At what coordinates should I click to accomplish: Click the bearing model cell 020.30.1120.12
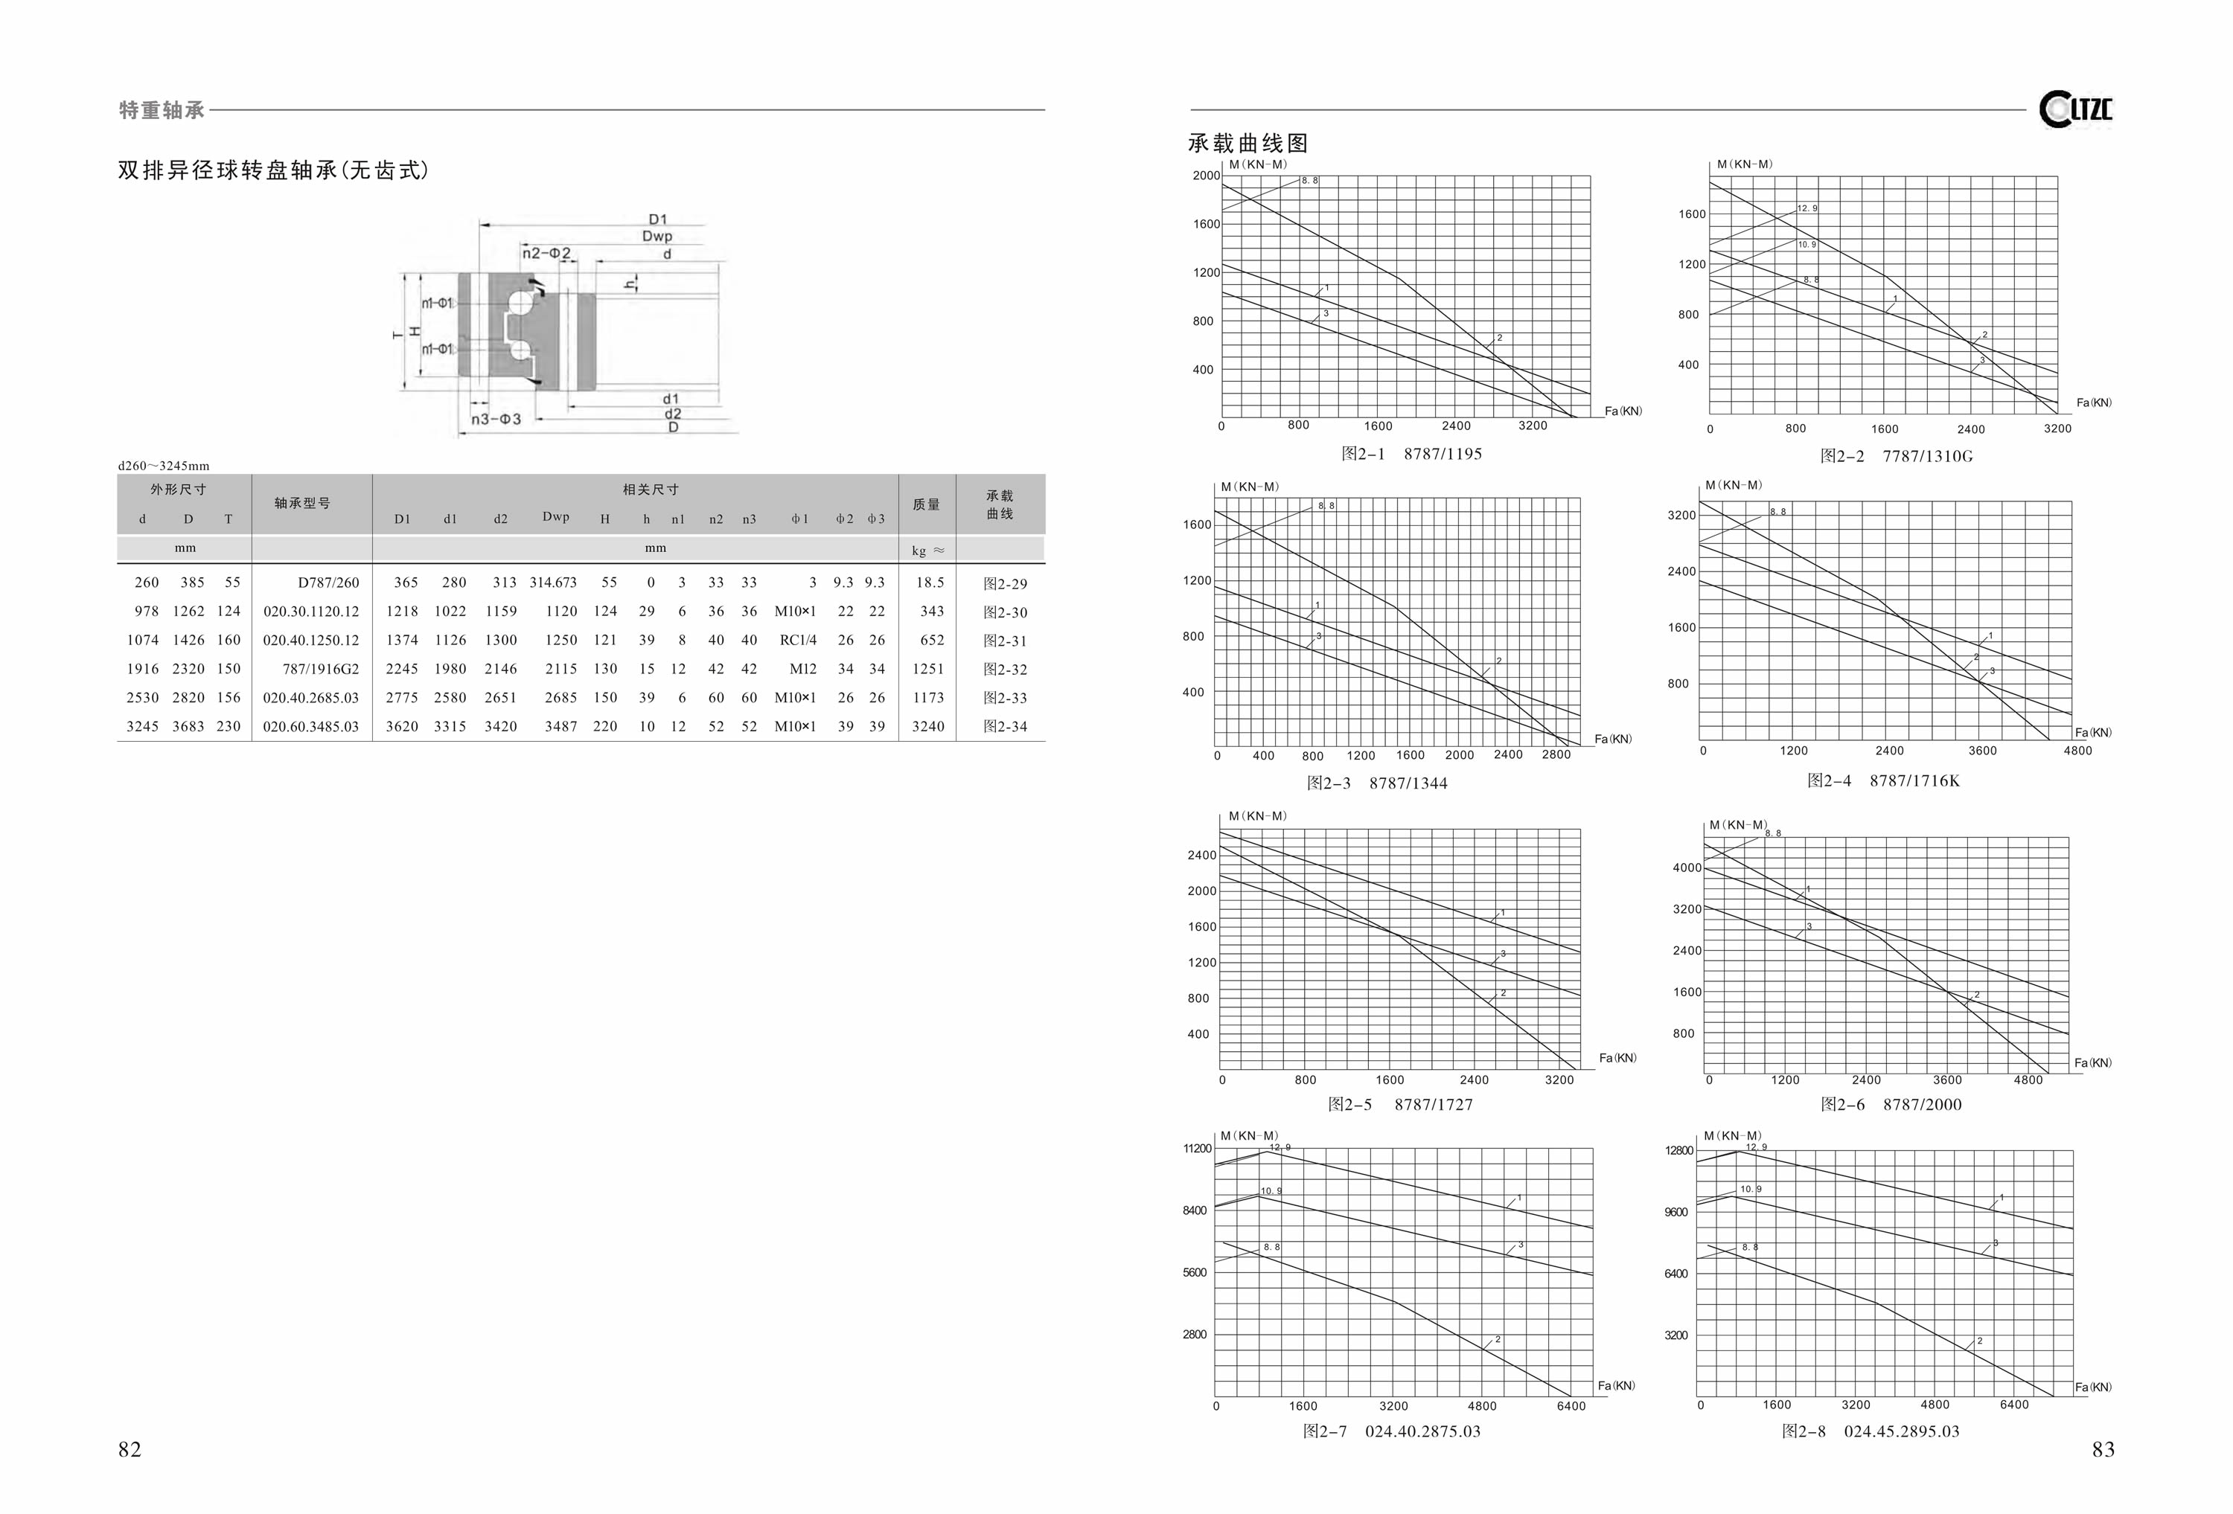[x=311, y=611]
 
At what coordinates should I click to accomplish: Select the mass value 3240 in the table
[x=928, y=726]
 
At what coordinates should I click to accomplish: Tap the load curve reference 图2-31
[x=1005, y=641]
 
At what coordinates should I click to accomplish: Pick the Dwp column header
[x=555, y=517]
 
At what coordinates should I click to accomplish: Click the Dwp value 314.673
[x=554, y=582]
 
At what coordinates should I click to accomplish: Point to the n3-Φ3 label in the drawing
[x=496, y=419]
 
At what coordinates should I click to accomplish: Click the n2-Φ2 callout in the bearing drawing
[x=547, y=254]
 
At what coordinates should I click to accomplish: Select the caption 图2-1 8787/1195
[x=1411, y=453]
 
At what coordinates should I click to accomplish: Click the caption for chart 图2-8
[x=1870, y=1431]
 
